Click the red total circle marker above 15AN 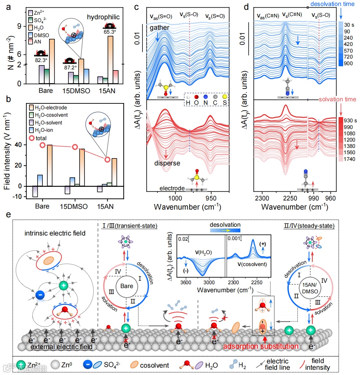point(108,159)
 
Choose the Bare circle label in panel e point(127,286)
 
